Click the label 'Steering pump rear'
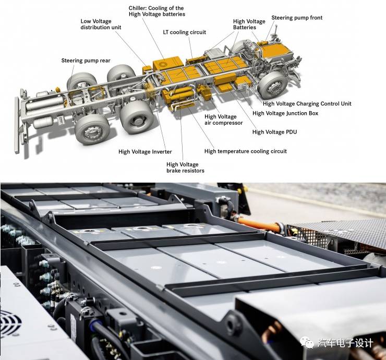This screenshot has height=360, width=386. (x=86, y=61)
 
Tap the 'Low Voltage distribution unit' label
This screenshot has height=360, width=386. (x=101, y=24)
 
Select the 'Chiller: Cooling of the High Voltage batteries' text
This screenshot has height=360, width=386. (x=157, y=11)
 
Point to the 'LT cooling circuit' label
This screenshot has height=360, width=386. (x=184, y=32)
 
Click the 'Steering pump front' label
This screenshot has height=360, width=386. (x=297, y=18)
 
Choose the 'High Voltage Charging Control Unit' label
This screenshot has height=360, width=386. (x=307, y=104)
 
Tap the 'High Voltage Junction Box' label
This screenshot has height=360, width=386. (x=285, y=113)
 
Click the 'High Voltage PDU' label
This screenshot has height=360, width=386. (x=274, y=132)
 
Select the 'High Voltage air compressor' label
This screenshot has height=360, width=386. (x=224, y=119)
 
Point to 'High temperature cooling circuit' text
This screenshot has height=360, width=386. (x=246, y=151)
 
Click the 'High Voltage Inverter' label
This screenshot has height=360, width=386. (x=145, y=152)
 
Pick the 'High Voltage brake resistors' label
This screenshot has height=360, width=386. (x=185, y=167)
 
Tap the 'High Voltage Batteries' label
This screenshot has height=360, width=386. (x=249, y=25)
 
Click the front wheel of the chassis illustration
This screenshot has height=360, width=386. (x=272, y=85)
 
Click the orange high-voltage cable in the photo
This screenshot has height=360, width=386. (x=259, y=224)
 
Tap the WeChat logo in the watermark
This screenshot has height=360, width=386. (x=307, y=343)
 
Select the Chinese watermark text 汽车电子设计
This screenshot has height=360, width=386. (x=345, y=343)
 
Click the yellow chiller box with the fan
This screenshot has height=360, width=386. (x=168, y=64)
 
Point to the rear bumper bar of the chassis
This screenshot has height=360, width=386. (x=17, y=125)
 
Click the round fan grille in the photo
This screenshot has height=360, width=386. (x=10, y=323)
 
